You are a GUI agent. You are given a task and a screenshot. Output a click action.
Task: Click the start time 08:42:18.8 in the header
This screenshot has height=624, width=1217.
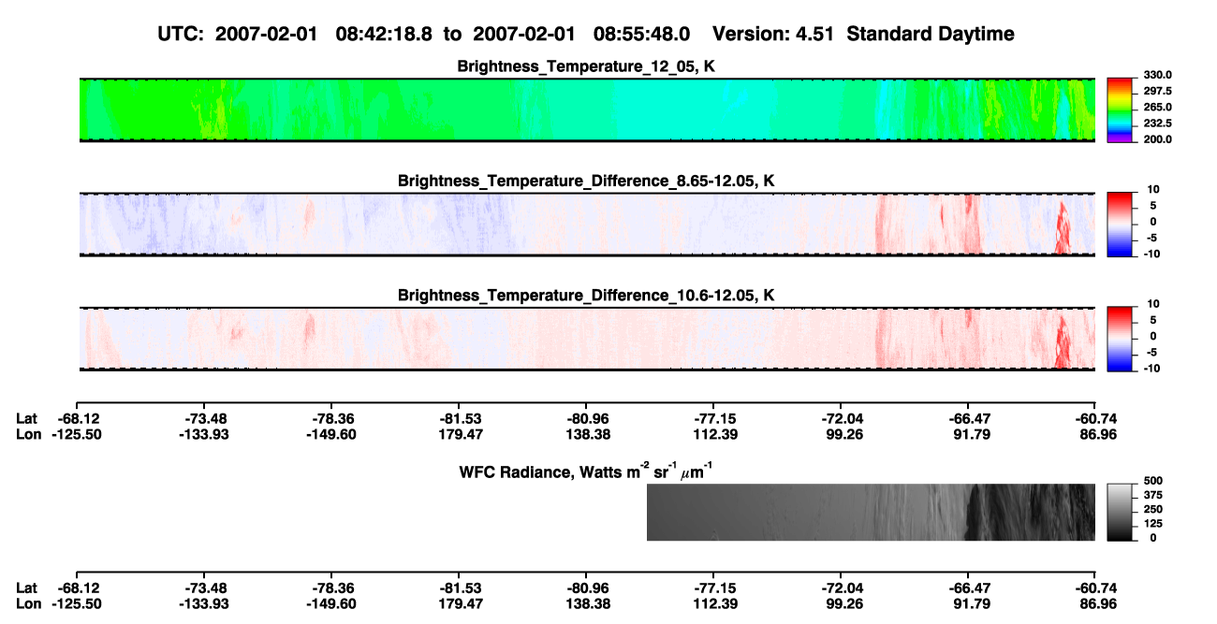(384, 35)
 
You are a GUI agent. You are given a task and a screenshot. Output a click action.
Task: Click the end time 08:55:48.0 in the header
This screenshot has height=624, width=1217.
(641, 35)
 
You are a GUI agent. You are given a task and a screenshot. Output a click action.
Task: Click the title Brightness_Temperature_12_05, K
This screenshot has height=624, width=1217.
(586, 66)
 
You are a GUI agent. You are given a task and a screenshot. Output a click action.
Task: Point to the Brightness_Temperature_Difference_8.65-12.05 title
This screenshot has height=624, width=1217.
(586, 181)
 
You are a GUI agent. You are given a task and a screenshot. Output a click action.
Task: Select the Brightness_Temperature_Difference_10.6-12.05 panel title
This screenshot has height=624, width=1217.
(586, 296)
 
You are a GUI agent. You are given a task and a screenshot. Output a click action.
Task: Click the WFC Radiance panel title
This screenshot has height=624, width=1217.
(586, 471)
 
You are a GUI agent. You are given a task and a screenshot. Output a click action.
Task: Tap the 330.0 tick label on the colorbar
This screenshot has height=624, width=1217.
(1157, 75)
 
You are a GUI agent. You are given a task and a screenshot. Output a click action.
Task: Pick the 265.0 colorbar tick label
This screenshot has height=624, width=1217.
(1157, 107)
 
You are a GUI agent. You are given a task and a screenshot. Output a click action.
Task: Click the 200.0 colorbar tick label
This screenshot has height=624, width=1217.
(1157, 139)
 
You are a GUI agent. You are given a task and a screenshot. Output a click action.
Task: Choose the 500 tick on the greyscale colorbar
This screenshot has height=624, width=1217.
(1153, 481)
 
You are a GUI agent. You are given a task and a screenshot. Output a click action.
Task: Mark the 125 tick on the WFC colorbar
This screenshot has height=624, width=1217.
(1153, 524)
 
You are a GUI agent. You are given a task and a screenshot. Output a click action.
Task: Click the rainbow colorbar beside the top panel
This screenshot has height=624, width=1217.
(1120, 110)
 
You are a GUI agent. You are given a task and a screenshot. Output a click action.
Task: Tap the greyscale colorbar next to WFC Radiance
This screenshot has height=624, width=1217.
(1120, 512)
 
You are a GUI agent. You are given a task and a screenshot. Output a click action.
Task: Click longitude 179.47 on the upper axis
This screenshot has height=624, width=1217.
(461, 434)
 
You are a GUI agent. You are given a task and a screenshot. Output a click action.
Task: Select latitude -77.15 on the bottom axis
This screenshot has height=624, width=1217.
(714, 588)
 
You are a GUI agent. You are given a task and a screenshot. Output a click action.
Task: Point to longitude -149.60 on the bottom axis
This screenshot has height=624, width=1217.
(331, 604)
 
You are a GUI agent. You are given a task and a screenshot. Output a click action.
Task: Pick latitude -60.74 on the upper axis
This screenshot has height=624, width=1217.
(1096, 419)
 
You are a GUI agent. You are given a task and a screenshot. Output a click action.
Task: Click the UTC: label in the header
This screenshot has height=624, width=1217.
(181, 35)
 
